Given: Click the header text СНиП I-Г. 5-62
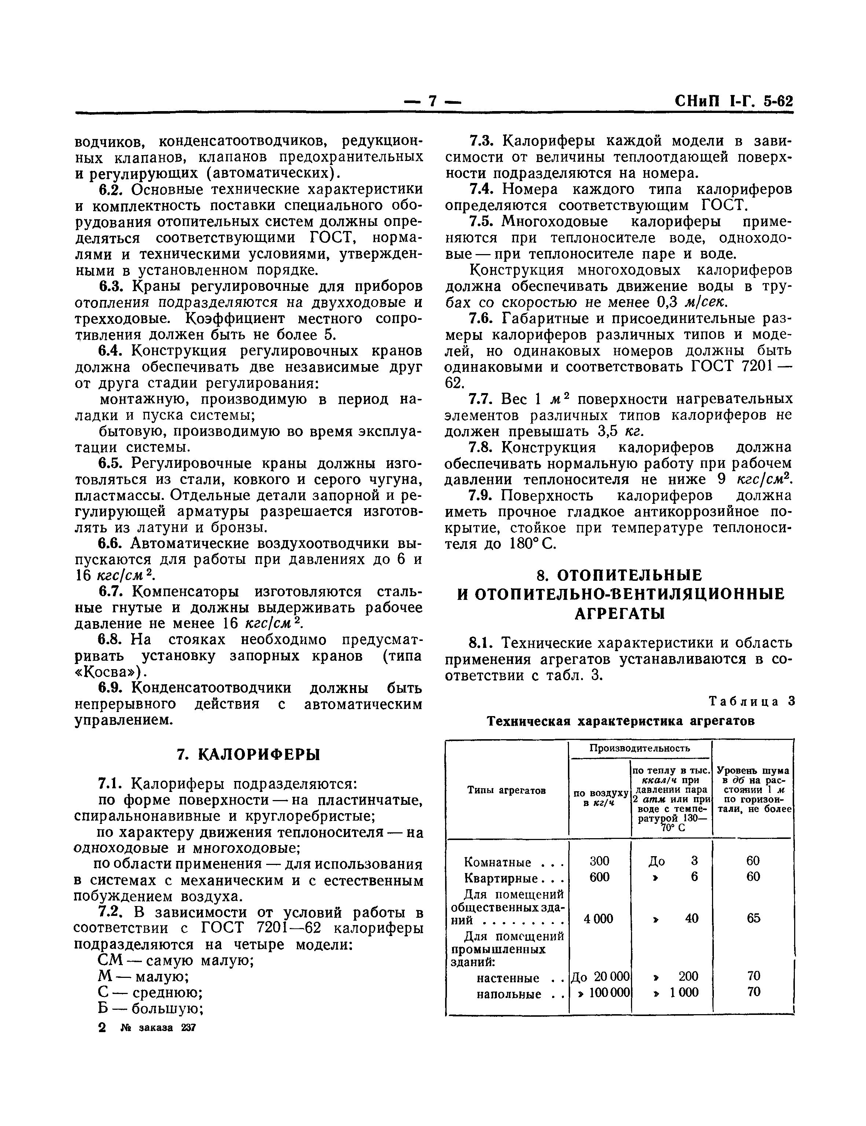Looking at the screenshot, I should coord(733,102).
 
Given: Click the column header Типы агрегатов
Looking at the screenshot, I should coord(506,791).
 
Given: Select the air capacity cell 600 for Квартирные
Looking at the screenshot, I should coord(599,877).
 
